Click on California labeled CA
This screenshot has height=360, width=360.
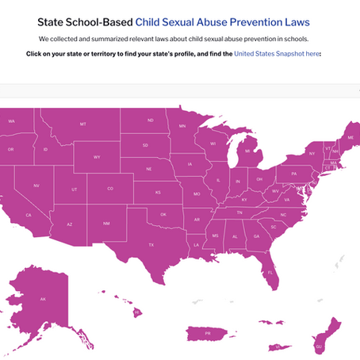(29, 214)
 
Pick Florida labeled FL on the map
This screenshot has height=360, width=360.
(270, 273)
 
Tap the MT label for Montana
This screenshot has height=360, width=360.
(83, 124)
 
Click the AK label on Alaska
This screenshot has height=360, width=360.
(43, 299)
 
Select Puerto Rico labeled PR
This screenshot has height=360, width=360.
(208, 334)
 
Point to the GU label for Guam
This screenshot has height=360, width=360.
(319, 347)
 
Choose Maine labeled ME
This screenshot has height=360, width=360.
(350, 137)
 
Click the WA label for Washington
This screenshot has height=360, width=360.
(12, 121)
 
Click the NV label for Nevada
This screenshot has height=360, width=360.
(36, 185)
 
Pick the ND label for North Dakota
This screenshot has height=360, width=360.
(150, 121)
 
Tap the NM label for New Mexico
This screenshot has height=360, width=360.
(106, 224)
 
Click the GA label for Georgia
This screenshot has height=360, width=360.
(256, 236)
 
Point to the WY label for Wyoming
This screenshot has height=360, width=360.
(97, 157)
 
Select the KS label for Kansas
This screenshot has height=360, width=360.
(157, 192)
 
